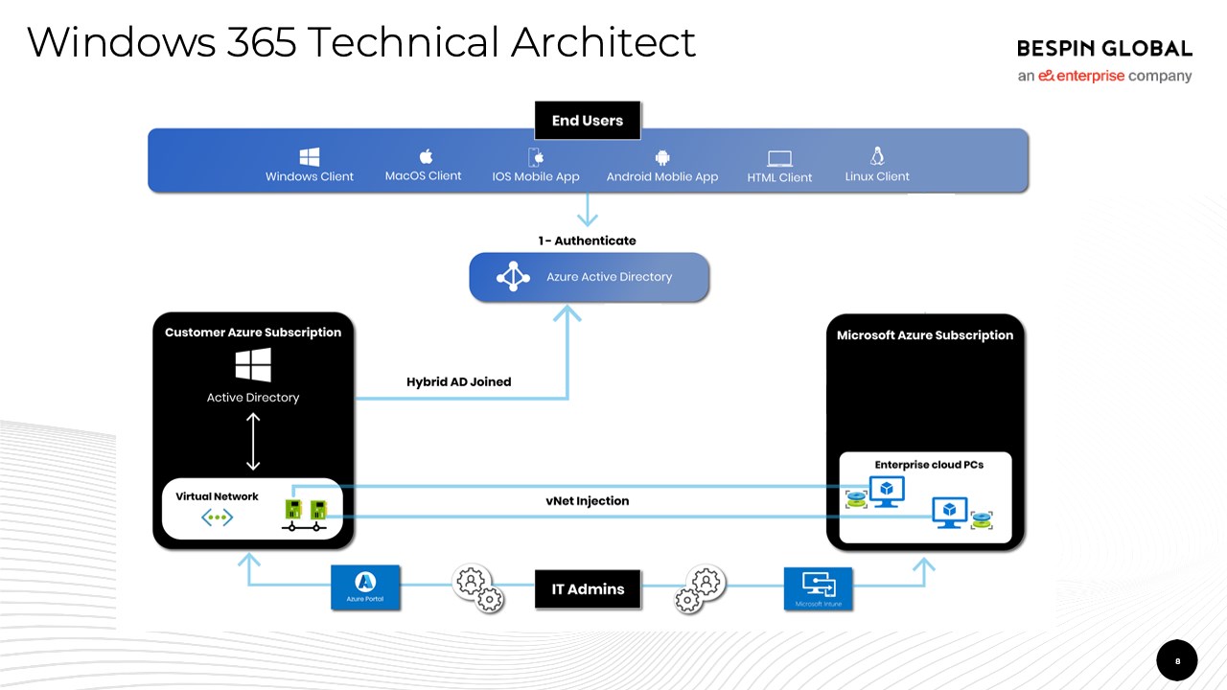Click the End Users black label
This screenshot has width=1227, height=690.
tap(587, 121)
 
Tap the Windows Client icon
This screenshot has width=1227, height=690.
tap(309, 157)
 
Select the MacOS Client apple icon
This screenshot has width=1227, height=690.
tap(427, 156)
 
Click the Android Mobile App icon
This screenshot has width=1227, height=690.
tap(661, 157)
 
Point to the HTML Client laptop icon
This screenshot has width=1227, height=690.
tap(779, 159)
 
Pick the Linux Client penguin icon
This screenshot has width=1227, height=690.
tap(876, 155)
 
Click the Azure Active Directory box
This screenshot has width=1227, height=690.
tap(589, 277)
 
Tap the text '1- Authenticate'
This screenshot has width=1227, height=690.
tap(587, 241)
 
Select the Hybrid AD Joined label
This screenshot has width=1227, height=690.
tap(458, 381)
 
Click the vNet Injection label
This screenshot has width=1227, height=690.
tap(587, 500)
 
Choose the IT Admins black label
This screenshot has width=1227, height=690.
tap(588, 589)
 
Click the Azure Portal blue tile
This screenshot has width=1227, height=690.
tap(365, 587)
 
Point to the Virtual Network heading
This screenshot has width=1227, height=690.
tap(217, 496)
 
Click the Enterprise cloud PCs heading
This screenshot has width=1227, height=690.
tap(928, 465)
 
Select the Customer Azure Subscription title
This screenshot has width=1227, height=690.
tap(253, 333)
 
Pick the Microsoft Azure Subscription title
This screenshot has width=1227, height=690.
tap(924, 335)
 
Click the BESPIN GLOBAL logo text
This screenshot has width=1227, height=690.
tap(1104, 49)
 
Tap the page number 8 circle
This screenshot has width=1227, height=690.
tap(1177, 660)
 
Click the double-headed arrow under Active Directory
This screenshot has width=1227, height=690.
tap(253, 441)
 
